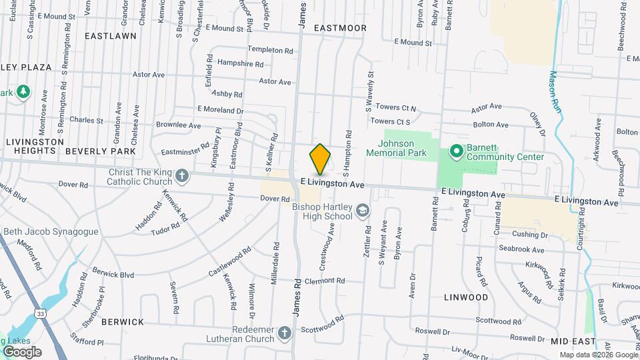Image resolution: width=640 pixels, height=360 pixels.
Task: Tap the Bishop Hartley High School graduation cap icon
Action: point(363,211)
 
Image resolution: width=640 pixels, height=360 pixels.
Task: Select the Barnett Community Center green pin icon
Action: point(457,152)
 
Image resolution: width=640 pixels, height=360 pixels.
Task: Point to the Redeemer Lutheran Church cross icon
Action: point(285,333)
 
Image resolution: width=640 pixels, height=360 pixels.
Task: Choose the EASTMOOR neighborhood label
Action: point(340,28)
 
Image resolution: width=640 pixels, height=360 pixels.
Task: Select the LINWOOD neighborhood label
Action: point(466,297)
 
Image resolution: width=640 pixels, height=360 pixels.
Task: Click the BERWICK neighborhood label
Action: point(123,321)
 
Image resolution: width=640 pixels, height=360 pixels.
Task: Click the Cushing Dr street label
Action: point(530,235)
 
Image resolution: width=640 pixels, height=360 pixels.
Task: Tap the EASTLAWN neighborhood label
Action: point(111,36)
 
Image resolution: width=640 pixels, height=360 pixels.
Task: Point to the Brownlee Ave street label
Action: point(178,125)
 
